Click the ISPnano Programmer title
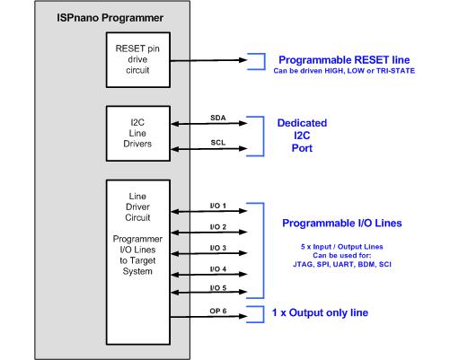coord(110,18)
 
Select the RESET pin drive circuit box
coord(138,60)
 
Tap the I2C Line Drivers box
coord(138,134)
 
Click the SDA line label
coord(218,118)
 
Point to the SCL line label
coord(218,143)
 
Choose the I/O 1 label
coord(218,206)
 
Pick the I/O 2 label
coord(218,227)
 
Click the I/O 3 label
coord(218,248)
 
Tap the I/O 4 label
coord(218,269)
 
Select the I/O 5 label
coord(218,288)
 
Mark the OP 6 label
coord(218,311)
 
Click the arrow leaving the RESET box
coord(208,60)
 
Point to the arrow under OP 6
coord(208,316)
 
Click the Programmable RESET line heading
coord(344,60)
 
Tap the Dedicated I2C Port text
coord(302,136)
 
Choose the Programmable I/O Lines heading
coord(342,224)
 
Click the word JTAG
coord(303,265)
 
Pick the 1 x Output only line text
coord(320,312)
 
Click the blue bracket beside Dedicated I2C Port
coord(263,136)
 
